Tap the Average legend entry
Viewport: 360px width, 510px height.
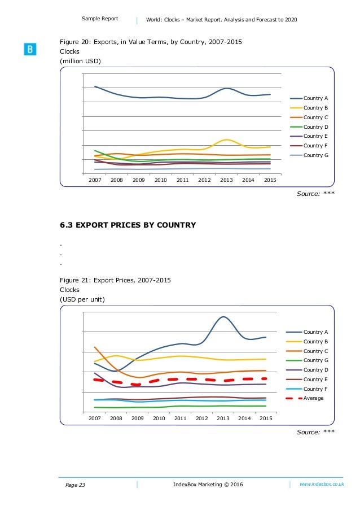pyautogui.click(x=313, y=398)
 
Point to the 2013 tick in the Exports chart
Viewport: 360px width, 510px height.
pyautogui.click(x=226, y=180)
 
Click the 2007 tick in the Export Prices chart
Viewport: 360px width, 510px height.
pyautogui.click(x=94, y=419)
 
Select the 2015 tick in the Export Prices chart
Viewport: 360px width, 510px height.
pyautogui.click(x=265, y=419)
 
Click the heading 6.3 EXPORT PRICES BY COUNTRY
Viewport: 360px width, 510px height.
pyautogui.click(x=128, y=225)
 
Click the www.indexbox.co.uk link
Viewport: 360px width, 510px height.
pyautogui.click(x=322, y=485)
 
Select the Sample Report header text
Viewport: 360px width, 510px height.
pyautogui.click(x=100, y=19)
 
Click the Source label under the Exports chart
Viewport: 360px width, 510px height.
pyautogui.click(x=316, y=194)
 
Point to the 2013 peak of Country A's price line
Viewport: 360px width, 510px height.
pyautogui.click(x=223, y=317)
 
